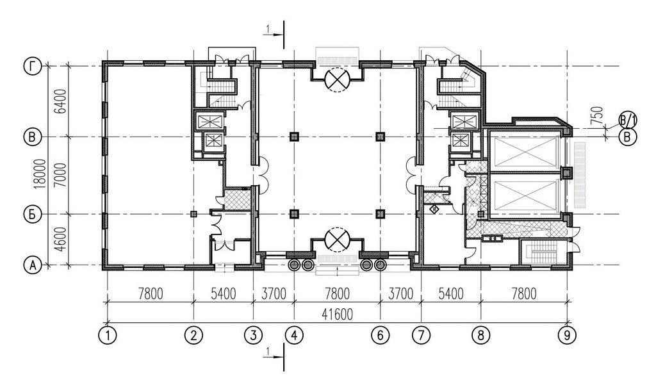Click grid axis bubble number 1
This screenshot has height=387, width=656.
click(108, 335)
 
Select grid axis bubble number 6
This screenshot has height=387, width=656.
click(381, 335)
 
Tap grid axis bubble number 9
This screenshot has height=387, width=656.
click(568, 335)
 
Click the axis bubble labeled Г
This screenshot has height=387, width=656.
click(33, 67)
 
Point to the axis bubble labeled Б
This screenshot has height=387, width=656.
click(33, 214)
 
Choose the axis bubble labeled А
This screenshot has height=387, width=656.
click(33, 265)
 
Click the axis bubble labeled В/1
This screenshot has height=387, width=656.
click(628, 121)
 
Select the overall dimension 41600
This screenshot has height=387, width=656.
click(337, 314)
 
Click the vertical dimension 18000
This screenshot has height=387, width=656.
click(40, 174)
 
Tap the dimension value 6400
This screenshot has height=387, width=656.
click(61, 101)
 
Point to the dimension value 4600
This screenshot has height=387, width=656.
click(61, 240)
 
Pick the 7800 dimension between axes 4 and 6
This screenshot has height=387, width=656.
click(337, 293)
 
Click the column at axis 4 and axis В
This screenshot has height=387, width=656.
click(295, 136)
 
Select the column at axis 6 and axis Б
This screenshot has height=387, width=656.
click(380, 214)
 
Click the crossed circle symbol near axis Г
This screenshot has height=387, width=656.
click(337, 79)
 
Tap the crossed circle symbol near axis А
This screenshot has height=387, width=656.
click(337, 239)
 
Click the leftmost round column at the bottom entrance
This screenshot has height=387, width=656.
click(295, 265)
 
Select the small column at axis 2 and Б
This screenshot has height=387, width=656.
click(193, 214)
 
